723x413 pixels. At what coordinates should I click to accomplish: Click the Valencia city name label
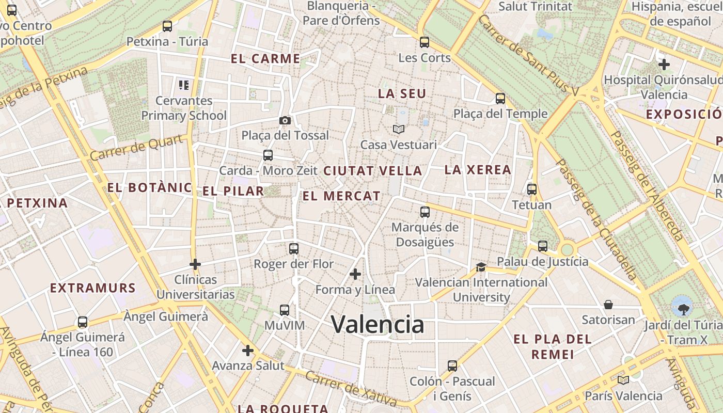point(378,324)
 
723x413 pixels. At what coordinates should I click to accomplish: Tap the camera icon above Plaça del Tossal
point(285,120)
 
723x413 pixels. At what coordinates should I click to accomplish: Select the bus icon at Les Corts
point(425,42)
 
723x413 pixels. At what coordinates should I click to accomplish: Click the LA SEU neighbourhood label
point(402,93)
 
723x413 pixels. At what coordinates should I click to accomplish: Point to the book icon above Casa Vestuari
point(398,129)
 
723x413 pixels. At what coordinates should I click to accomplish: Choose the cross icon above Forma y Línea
point(355,274)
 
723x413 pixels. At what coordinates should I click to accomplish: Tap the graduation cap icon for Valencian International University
point(481,267)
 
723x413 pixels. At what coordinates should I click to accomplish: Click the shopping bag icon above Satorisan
point(608,305)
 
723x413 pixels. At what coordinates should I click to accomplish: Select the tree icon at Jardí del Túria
point(683,309)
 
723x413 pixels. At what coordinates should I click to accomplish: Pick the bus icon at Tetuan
point(532,189)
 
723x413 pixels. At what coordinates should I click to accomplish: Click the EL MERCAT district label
point(341,196)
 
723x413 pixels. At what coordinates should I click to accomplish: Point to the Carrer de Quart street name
point(136,148)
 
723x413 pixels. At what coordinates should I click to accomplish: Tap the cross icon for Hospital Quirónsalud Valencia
point(664,65)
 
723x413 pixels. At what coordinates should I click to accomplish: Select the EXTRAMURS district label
point(93,288)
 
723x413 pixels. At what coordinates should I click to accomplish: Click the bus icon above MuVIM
point(285,310)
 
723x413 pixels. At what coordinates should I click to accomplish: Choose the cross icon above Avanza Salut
point(248,351)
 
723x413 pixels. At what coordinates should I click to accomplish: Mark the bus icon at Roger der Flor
point(294,249)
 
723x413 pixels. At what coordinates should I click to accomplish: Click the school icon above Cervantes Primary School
point(183,85)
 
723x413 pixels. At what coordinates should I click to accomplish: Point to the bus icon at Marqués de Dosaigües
point(425,212)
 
